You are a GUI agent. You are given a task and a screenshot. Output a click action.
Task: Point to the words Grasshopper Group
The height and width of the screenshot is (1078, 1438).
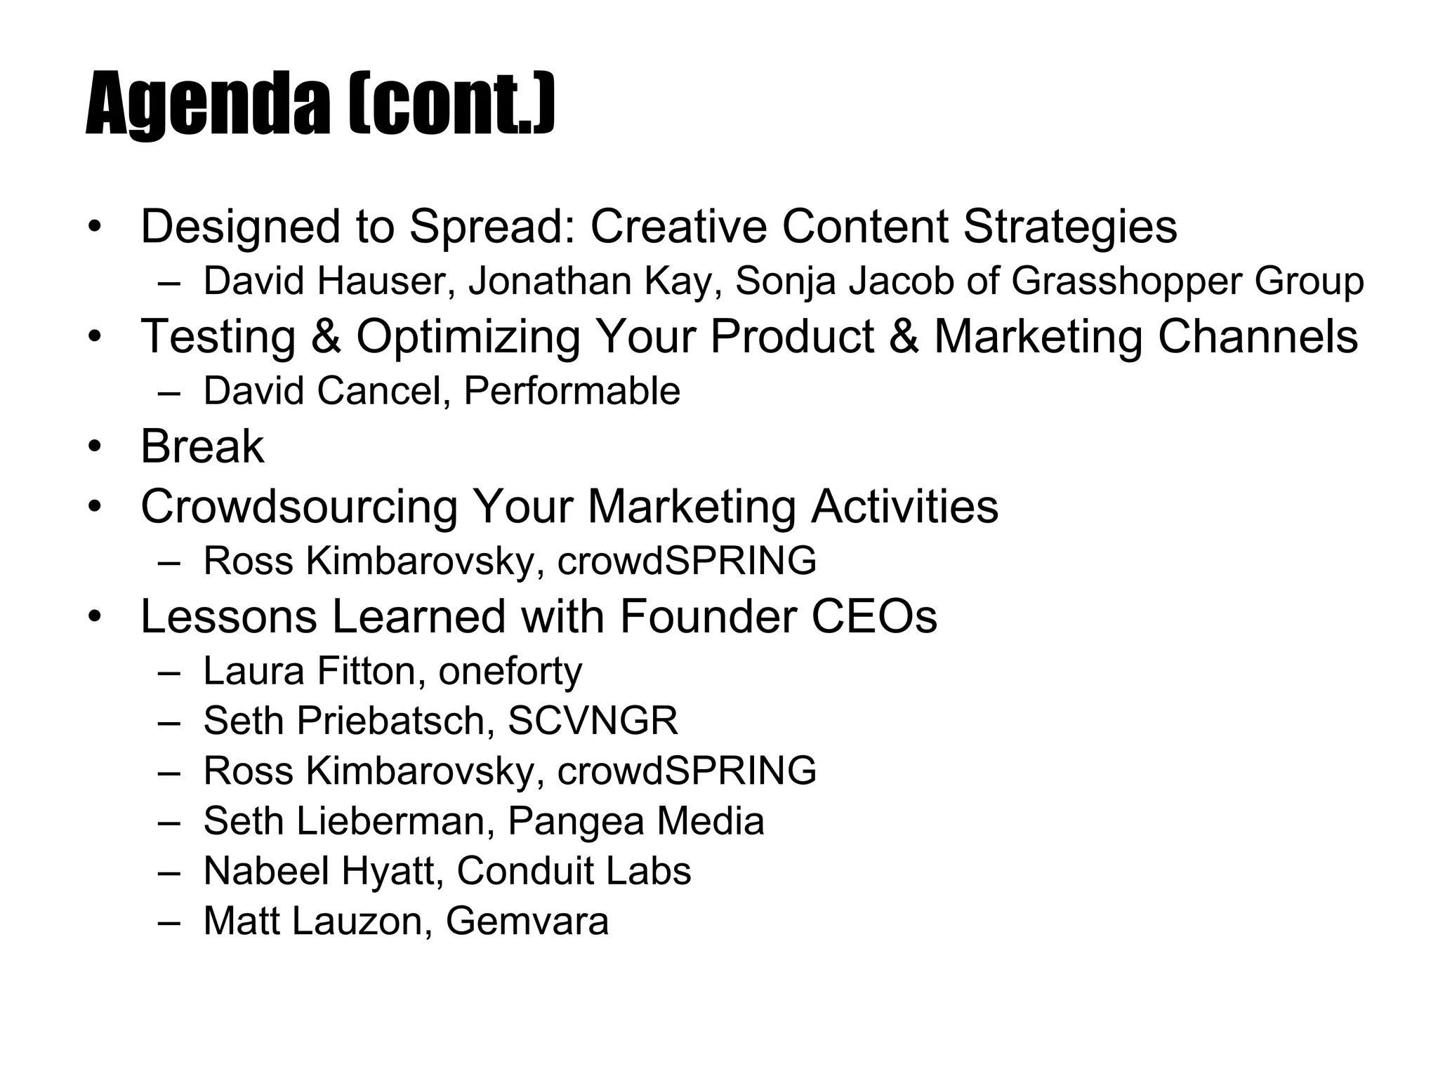(x=1187, y=281)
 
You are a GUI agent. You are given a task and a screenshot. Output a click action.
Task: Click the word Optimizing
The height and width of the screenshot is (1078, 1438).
(x=468, y=336)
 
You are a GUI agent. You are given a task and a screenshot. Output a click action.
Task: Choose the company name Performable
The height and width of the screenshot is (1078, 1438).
(x=572, y=391)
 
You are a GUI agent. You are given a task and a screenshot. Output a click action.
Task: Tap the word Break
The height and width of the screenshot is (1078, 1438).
(x=202, y=446)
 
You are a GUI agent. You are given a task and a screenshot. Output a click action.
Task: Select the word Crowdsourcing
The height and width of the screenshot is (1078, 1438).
(x=299, y=506)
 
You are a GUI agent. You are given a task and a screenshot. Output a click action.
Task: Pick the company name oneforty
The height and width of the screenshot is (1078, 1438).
(x=510, y=671)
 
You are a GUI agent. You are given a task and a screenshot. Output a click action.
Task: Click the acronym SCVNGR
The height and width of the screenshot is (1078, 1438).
(x=593, y=721)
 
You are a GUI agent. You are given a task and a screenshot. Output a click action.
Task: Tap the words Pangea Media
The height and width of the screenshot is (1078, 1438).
(x=635, y=821)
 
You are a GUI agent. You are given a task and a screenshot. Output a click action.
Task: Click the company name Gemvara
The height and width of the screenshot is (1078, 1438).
(x=527, y=921)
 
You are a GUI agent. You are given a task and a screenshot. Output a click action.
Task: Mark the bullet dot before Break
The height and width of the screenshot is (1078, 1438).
(x=95, y=447)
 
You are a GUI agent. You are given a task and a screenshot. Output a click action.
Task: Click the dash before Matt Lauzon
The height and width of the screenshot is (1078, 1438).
(x=169, y=921)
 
